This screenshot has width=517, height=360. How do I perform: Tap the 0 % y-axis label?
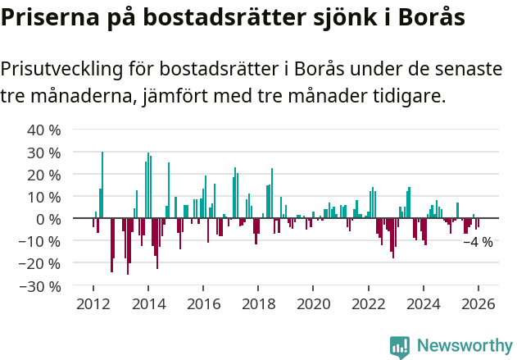[49, 219]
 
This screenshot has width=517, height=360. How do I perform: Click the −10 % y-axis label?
[42, 242]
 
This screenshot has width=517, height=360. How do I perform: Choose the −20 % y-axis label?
[42, 264]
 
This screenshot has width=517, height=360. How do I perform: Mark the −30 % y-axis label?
[42, 286]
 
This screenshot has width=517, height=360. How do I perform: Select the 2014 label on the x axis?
[148, 304]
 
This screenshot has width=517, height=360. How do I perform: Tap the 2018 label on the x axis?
[258, 304]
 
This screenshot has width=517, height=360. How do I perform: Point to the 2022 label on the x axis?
[369, 304]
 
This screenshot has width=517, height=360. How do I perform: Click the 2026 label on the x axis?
[478, 304]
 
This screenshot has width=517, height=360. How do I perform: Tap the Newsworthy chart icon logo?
[400, 346]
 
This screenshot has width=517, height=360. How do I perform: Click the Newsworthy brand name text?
[464, 346]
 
